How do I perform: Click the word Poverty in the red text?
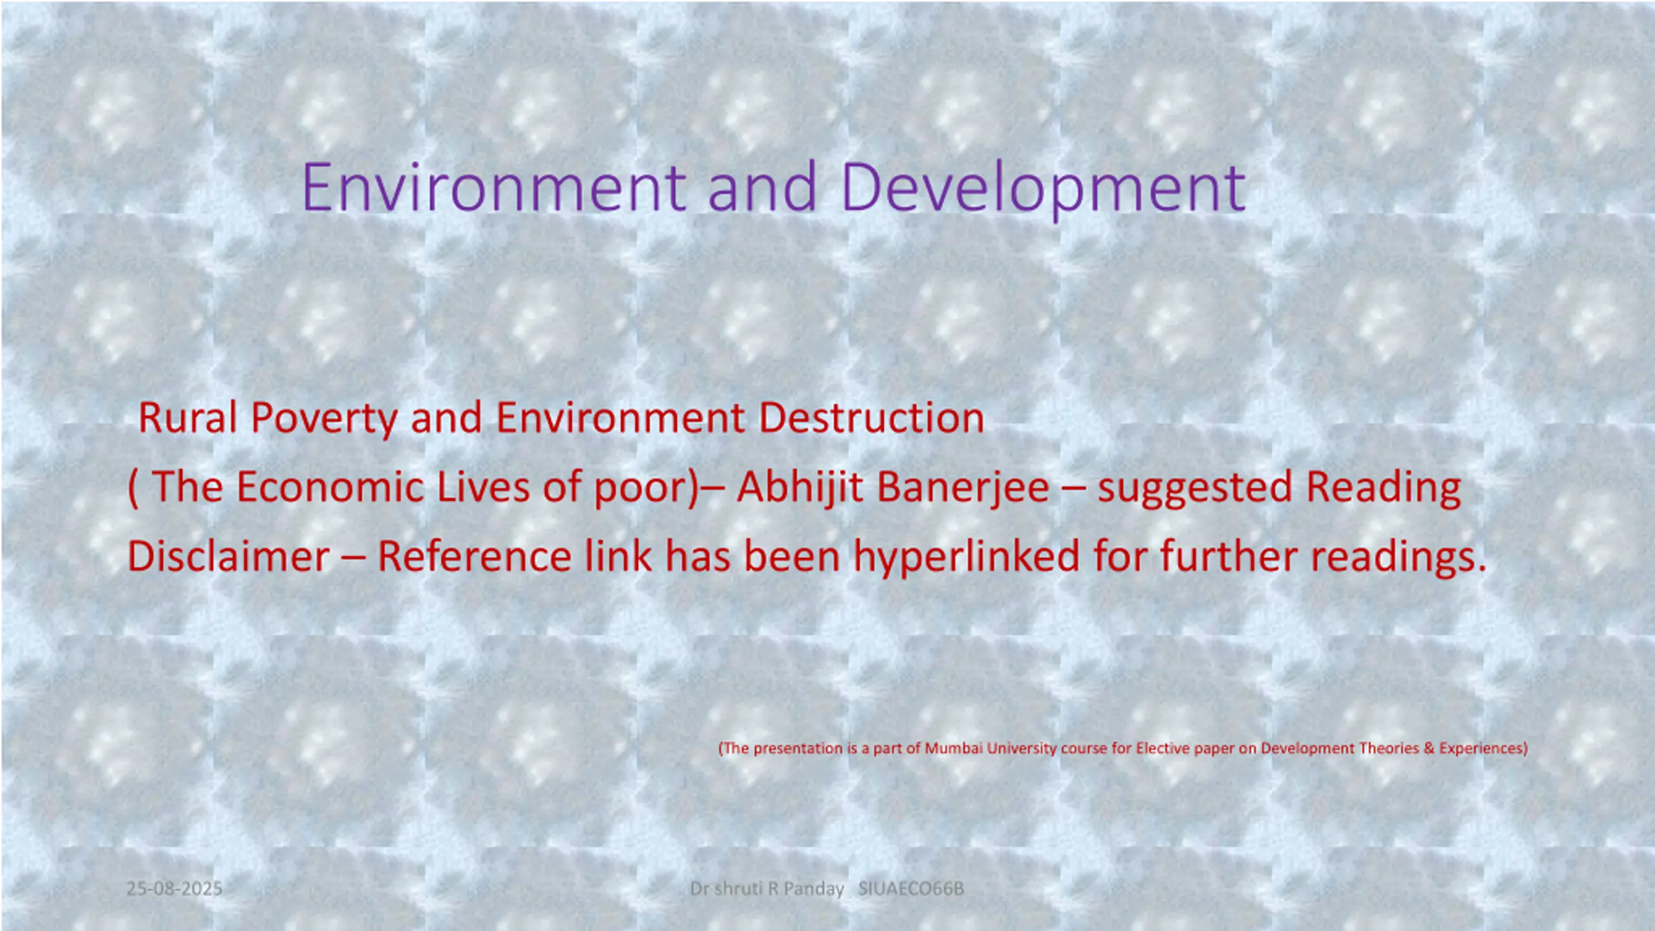(x=324, y=419)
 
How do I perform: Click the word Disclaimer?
(x=229, y=556)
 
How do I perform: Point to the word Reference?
(x=475, y=556)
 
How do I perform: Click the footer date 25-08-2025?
(x=175, y=888)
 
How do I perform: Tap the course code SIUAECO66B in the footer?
(x=911, y=888)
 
